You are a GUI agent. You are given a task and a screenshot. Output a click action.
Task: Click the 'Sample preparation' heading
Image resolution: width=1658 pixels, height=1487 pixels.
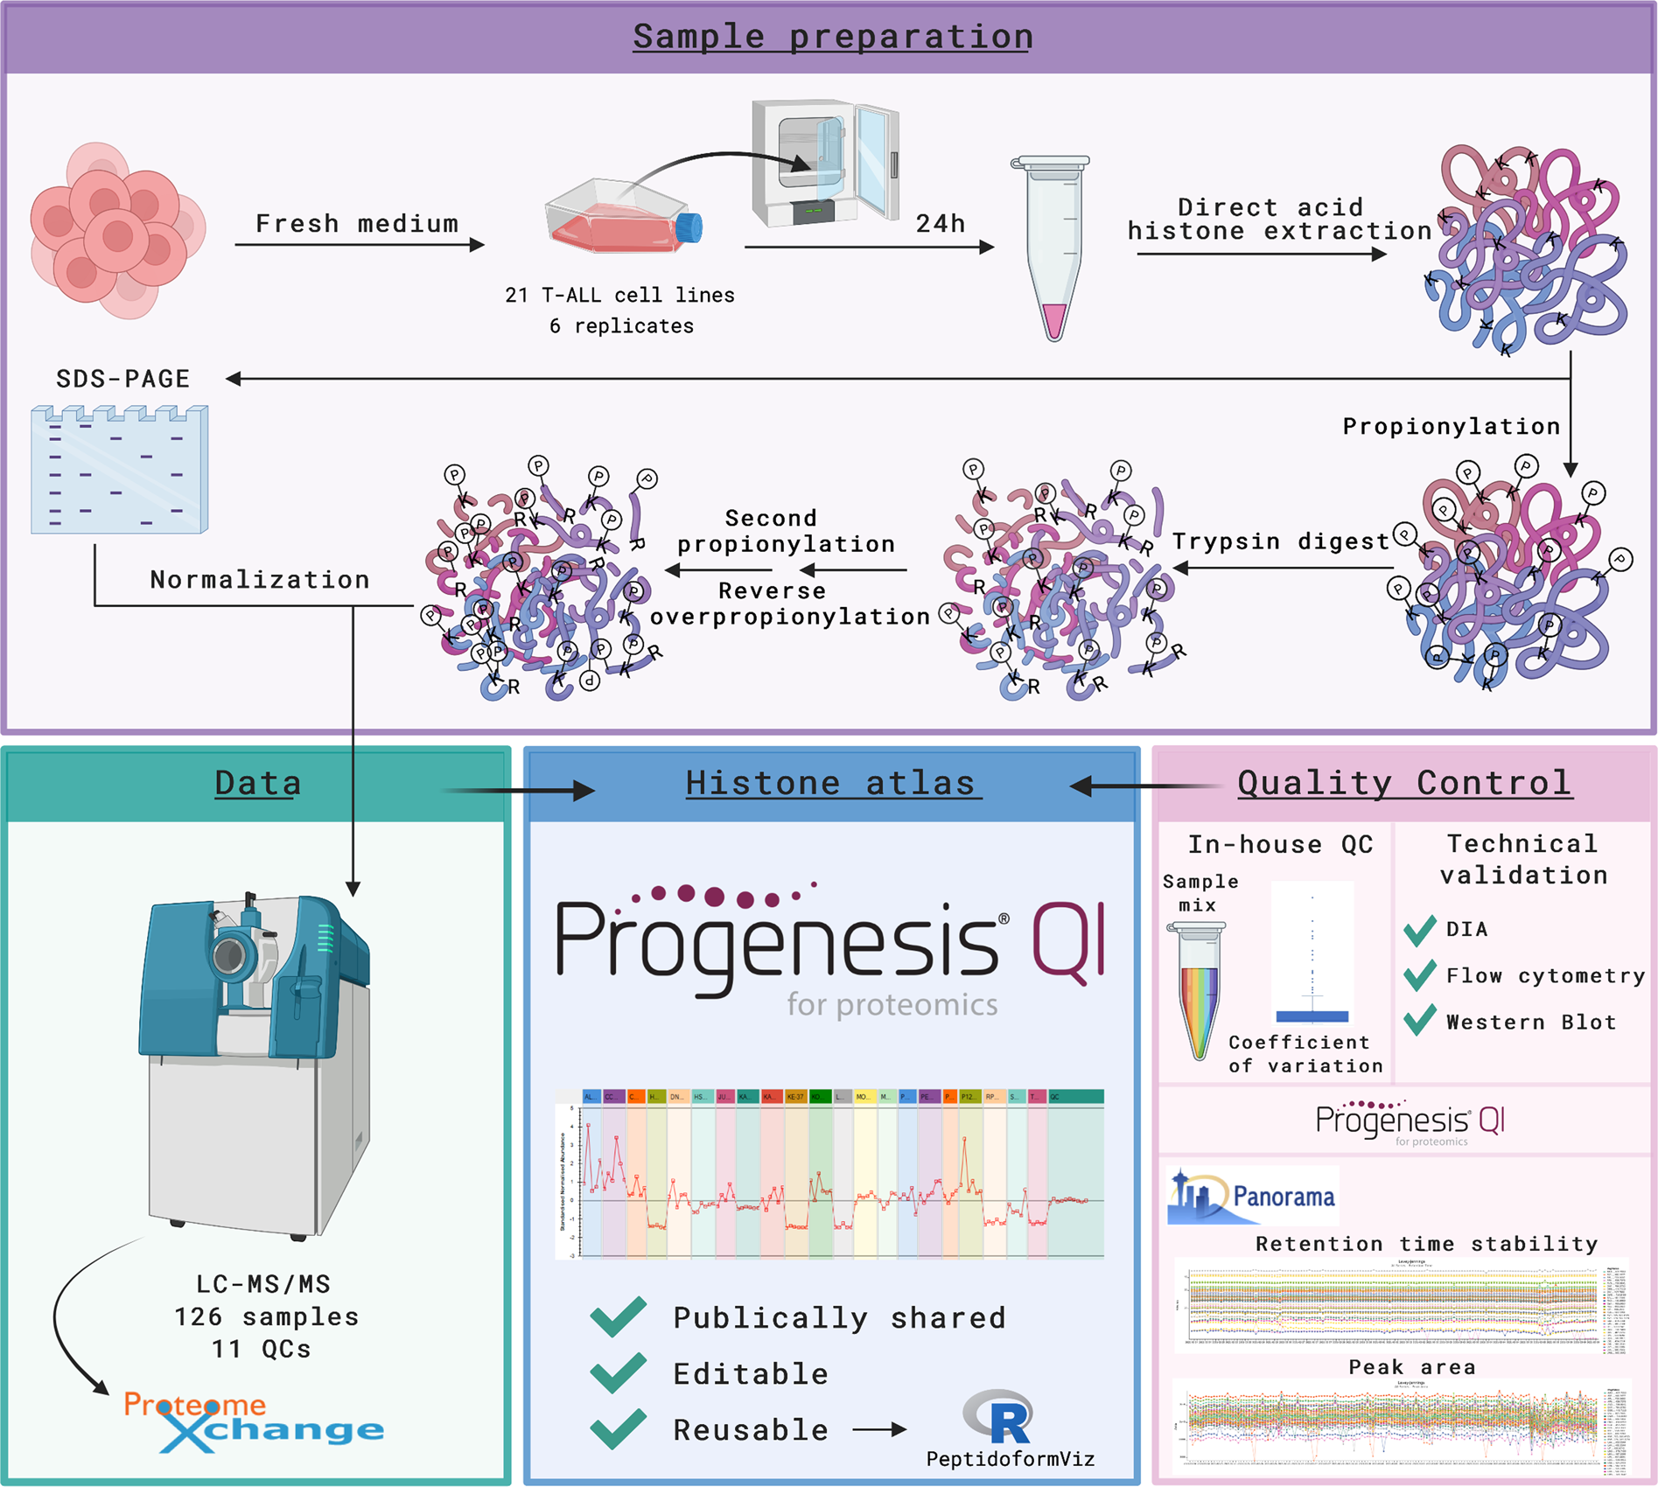point(832,37)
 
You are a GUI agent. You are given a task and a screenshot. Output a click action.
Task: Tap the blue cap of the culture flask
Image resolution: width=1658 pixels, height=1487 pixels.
point(690,227)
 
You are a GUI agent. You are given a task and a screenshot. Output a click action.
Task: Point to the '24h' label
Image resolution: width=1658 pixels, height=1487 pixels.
point(941,224)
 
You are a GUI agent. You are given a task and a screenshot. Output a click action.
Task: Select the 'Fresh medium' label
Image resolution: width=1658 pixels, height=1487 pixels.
point(357,224)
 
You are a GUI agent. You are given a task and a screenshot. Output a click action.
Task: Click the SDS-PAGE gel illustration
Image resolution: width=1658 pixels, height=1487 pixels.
point(119,470)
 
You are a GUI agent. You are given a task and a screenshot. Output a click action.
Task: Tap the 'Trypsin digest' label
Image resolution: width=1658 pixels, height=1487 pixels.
point(1280,541)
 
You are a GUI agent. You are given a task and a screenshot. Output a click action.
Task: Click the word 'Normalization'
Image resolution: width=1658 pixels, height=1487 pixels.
point(260,579)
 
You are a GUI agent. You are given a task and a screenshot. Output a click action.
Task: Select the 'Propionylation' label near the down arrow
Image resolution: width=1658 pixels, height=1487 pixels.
point(1451,426)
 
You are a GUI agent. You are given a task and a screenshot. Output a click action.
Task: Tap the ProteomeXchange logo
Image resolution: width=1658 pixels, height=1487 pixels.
point(254,1421)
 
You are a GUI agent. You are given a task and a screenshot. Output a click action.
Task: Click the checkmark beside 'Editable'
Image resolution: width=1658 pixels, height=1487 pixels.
point(619,1373)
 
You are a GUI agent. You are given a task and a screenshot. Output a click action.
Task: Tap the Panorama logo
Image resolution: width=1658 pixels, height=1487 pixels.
point(1253,1196)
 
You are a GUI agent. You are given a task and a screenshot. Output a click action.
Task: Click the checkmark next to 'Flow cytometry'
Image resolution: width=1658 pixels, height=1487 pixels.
point(1419,975)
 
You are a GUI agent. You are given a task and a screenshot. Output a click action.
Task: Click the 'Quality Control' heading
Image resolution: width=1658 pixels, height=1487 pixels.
point(1404,783)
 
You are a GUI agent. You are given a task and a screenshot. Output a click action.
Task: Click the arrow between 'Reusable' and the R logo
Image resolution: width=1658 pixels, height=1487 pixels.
point(879,1430)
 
